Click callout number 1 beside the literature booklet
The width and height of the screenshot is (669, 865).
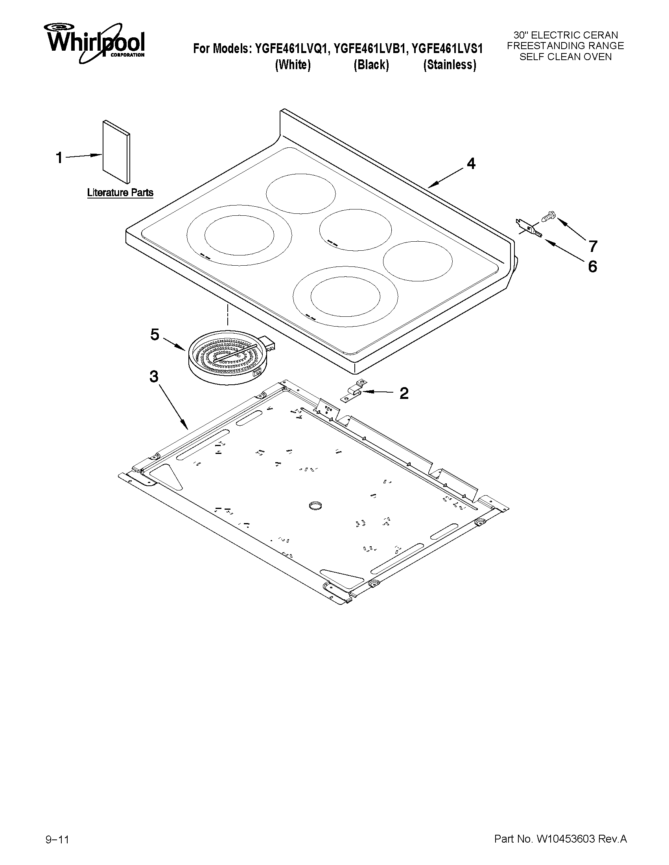point(59,158)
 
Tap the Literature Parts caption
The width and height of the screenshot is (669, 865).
point(120,193)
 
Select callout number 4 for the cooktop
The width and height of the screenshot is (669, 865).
point(470,163)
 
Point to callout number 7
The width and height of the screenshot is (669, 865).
point(593,246)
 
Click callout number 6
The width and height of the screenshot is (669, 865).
point(592,266)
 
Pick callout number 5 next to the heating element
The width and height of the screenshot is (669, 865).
point(155,335)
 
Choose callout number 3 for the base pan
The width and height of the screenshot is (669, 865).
point(154,376)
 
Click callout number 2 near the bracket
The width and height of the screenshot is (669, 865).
point(404,393)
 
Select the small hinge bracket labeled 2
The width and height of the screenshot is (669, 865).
point(353,391)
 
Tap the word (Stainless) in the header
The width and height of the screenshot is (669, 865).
point(450,64)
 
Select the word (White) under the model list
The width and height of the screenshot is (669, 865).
point(293,64)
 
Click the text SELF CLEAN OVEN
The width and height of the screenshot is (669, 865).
point(565,57)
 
